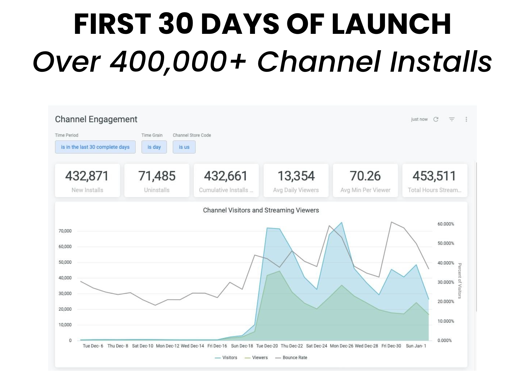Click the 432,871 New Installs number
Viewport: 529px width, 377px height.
click(87, 176)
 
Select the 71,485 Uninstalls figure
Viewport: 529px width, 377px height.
click(157, 176)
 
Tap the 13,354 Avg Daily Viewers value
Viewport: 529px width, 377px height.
click(296, 176)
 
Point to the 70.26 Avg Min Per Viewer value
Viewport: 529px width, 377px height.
click(365, 176)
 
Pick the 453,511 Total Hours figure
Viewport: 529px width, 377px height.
click(434, 176)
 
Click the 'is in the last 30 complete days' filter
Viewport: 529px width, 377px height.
click(95, 147)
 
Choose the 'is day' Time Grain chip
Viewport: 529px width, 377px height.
click(154, 147)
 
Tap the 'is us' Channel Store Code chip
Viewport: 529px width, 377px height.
click(184, 147)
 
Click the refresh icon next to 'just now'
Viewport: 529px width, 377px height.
click(436, 119)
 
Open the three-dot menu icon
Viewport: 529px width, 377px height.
click(466, 119)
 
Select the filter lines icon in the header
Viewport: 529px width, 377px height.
click(452, 119)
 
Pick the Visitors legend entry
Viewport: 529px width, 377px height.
click(226, 358)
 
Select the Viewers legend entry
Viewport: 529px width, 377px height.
click(256, 358)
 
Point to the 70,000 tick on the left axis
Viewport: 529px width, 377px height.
click(65, 231)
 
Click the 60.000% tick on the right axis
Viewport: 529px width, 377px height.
click(446, 224)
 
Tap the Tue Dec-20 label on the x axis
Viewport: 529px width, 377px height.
click(267, 346)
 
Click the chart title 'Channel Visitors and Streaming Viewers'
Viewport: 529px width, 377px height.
click(261, 210)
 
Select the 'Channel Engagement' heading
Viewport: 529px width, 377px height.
click(96, 119)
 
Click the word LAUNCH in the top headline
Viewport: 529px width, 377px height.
click(391, 24)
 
